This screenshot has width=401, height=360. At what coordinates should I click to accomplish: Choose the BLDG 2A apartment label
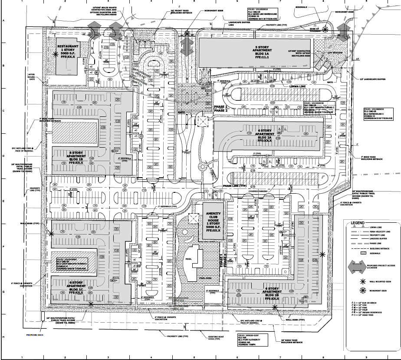[x=265, y=135]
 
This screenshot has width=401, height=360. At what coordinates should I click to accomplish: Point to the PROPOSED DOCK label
[x=23, y=335]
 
